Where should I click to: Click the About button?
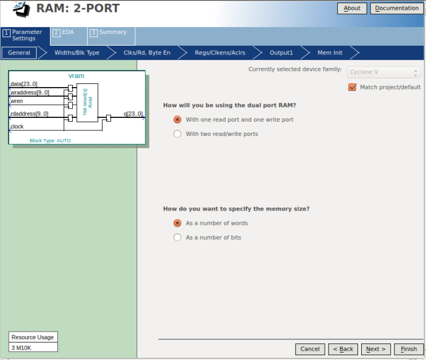tap(352, 8)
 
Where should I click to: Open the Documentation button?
tap(396, 8)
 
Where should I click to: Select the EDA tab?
tap(69, 36)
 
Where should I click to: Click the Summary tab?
tap(111, 36)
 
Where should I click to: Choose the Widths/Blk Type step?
tap(77, 52)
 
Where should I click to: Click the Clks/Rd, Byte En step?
tap(147, 52)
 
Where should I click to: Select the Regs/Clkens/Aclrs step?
tap(220, 52)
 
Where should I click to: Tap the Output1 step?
tap(281, 52)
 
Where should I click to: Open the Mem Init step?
tap(330, 52)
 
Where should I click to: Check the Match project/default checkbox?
tap(352, 87)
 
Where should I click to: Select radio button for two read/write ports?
tap(177, 134)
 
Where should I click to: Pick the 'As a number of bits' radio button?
tap(177, 238)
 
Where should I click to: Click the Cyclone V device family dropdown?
tap(383, 72)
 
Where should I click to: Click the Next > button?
tap(376, 349)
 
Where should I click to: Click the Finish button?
tap(409, 349)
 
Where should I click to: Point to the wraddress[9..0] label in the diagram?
tap(30, 93)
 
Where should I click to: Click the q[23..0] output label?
tap(133, 114)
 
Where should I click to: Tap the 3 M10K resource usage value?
tap(21, 348)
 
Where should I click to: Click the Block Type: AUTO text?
tap(50, 140)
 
